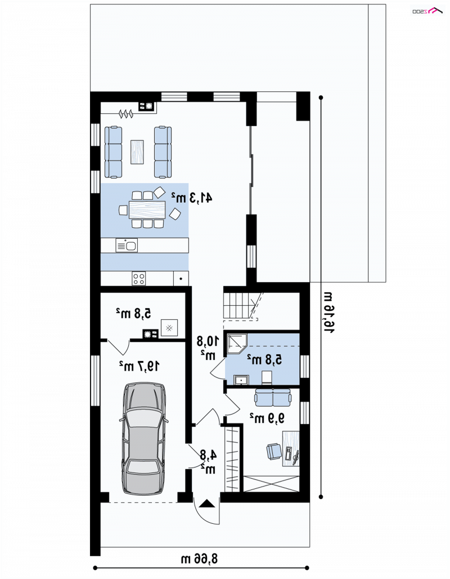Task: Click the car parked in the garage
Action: tap(144, 438)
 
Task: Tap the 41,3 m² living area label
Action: tap(191, 198)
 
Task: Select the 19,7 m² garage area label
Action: tap(139, 366)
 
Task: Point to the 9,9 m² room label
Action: tap(267, 418)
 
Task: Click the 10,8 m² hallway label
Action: tap(208, 347)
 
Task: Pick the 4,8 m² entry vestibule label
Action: tap(208, 462)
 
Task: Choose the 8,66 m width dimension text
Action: tap(199, 559)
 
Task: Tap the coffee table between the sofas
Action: tap(137, 152)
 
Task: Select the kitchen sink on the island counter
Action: tap(127, 245)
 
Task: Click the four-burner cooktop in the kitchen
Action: tap(139, 278)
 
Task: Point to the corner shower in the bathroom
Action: tap(236, 344)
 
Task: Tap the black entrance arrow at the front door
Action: tap(206, 504)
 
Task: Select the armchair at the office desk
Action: tap(274, 451)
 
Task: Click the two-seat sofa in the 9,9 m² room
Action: tap(273, 397)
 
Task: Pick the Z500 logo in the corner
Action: tap(427, 11)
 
